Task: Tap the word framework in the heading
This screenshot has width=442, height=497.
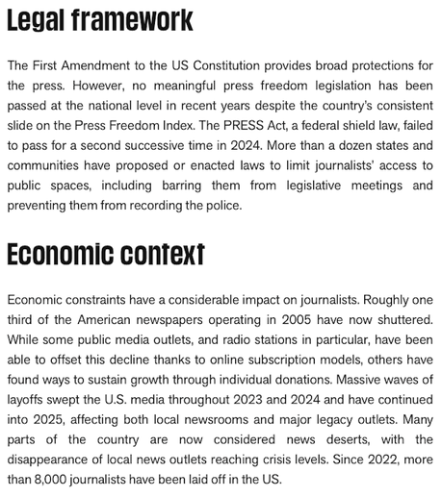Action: pos(136,20)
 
